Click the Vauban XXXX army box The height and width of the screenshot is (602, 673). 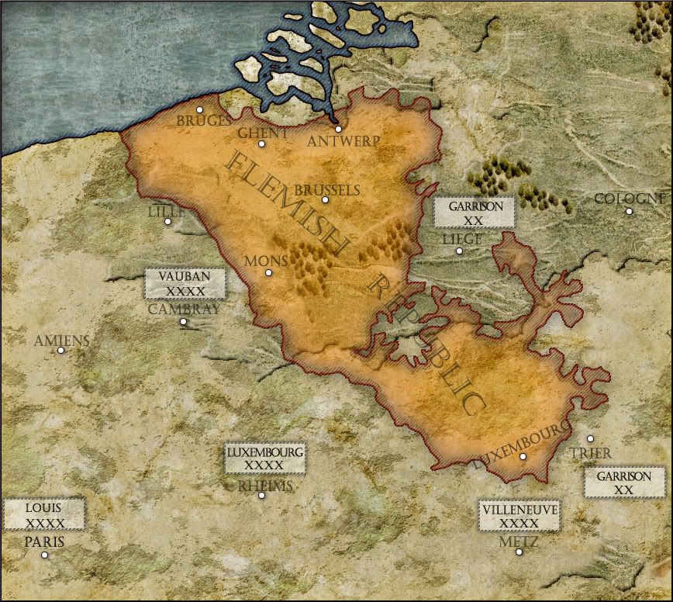pyautogui.click(x=185, y=284)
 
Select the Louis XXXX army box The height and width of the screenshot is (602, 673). pyautogui.click(x=43, y=514)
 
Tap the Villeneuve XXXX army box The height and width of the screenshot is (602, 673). pyautogui.click(x=519, y=516)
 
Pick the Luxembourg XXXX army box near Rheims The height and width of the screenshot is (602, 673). pyautogui.click(x=264, y=458)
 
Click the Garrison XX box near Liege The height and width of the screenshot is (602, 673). pyautogui.click(x=475, y=213)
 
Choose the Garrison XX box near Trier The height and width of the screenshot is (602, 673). pyautogui.click(x=623, y=483)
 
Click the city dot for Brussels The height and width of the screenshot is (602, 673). pyautogui.click(x=325, y=200)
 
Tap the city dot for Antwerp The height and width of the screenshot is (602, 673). pyautogui.click(x=338, y=130)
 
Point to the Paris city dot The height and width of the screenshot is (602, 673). pyautogui.click(x=44, y=555)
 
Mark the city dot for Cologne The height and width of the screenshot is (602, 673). pyautogui.click(x=629, y=211)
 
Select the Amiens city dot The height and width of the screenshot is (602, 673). pyautogui.click(x=60, y=350)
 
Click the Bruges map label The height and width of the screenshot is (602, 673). pyautogui.click(x=204, y=121)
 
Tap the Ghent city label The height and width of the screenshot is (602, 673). pyautogui.click(x=263, y=133)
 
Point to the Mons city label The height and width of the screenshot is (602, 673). pyautogui.click(x=266, y=261)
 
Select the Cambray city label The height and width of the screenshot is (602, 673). pyautogui.click(x=184, y=309)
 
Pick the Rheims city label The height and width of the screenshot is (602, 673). pyautogui.click(x=265, y=486)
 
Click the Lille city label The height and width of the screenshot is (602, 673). pyautogui.click(x=167, y=211)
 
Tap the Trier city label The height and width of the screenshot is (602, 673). pyautogui.click(x=590, y=453)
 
